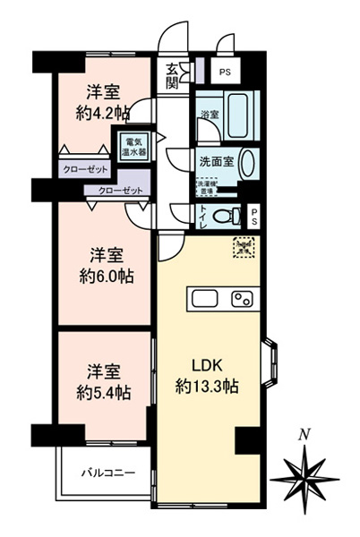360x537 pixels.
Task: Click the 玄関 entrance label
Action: [171, 77]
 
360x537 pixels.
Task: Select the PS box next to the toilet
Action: [254, 215]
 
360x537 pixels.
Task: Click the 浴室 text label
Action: [210, 115]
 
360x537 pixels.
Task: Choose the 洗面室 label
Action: [217, 162]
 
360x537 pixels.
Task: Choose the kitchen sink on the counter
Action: [201, 299]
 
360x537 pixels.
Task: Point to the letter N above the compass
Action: [304, 434]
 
